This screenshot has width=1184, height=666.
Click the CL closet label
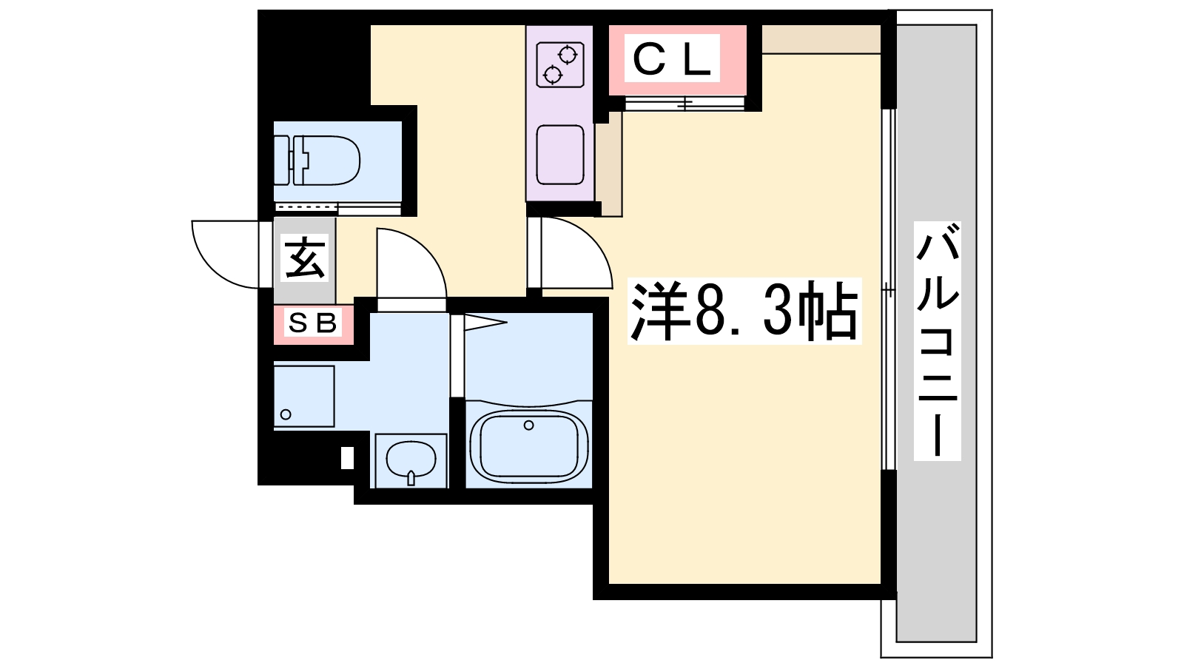[671, 58]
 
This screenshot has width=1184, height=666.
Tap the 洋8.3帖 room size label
[744, 312]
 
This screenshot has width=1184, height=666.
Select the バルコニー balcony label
[938, 341]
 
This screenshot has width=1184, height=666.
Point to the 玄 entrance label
[304, 258]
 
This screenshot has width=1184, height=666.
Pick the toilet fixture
[317, 160]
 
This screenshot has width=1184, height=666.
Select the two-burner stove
[559, 65]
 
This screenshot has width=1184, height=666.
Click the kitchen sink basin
[559, 155]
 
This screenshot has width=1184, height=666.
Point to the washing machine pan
[304, 397]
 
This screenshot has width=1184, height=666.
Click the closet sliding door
[685, 103]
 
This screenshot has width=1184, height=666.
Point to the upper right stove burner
[568, 55]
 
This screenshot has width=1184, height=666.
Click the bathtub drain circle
[528, 425]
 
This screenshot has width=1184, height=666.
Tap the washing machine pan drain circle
[286, 414]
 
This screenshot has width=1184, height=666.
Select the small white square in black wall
[347, 458]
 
